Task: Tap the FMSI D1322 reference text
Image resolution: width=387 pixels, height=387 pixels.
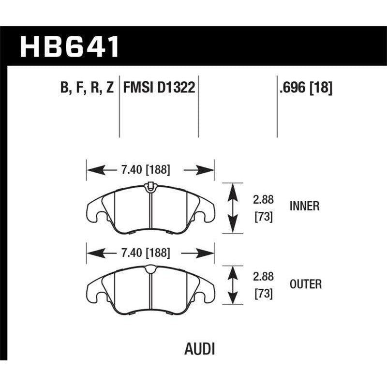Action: pyautogui.click(x=159, y=88)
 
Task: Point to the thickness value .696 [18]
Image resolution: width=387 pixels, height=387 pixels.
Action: pyautogui.click(x=305, y=88)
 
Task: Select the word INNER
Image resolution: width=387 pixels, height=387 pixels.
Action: pyautogui.click(x=304, y=207)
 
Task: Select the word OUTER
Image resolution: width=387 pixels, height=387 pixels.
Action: pyautogui.click(x=305, y=284)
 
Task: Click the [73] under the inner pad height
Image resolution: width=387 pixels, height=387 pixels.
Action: pyautogui.click(x=263, y=217)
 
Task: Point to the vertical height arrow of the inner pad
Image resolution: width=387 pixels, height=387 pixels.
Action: pyautogui.click(x=234, y=208)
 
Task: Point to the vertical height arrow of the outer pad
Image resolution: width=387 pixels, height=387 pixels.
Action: pyautogui.click(x=234, y=285)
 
